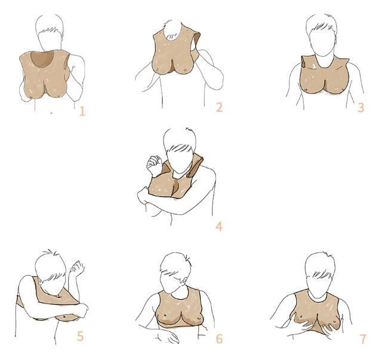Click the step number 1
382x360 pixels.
82,112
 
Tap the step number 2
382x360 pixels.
219,107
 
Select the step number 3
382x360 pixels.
361,107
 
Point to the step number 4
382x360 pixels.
219,227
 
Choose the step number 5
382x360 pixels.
80,336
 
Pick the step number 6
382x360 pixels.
219,339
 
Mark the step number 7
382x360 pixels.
363,339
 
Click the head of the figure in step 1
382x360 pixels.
50,32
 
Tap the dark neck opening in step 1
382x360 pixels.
42,59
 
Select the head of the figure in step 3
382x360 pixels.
322,35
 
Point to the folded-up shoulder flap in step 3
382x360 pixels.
304,62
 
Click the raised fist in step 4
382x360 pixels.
154,164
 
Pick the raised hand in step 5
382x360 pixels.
77,267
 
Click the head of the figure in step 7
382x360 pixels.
320,274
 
